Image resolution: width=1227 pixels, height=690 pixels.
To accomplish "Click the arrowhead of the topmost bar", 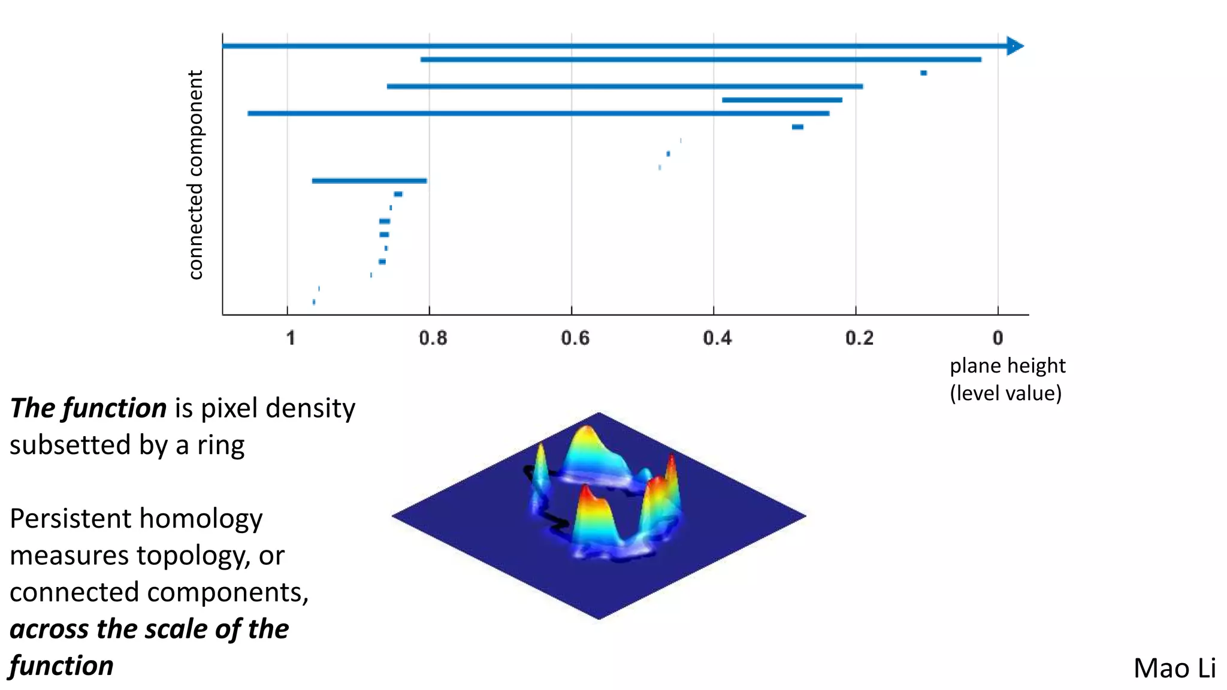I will (1016, 46).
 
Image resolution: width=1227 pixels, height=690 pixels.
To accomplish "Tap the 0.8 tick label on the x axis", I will (433, 338).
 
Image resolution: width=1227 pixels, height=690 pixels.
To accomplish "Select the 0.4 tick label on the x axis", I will (717, 338).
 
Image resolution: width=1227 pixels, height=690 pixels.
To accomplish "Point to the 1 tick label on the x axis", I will (291, 338).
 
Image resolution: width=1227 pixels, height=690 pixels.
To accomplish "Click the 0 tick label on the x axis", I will (998, 338).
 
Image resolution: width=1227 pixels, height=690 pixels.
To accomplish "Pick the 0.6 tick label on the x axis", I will (575, 338).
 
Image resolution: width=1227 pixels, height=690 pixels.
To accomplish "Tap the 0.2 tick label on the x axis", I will (859, 338).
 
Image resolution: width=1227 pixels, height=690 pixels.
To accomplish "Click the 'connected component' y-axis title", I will (195, 175).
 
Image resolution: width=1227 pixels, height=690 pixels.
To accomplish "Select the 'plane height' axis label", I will (1007, 365).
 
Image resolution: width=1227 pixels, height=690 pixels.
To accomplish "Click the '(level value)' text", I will (1005, 394).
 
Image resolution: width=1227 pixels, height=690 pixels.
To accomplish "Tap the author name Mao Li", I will (1174, 668).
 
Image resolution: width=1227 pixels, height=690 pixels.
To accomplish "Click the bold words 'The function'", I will (88, 408).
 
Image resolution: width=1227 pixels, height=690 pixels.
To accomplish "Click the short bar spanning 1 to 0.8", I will (369, 181).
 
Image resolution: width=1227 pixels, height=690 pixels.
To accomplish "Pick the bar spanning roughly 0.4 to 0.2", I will (782, 100).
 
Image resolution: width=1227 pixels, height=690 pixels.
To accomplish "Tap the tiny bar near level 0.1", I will (923, 73).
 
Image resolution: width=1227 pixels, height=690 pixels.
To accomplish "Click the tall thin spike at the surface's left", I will (540, 467).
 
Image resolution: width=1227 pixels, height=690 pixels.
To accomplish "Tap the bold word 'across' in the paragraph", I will (49, 630).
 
